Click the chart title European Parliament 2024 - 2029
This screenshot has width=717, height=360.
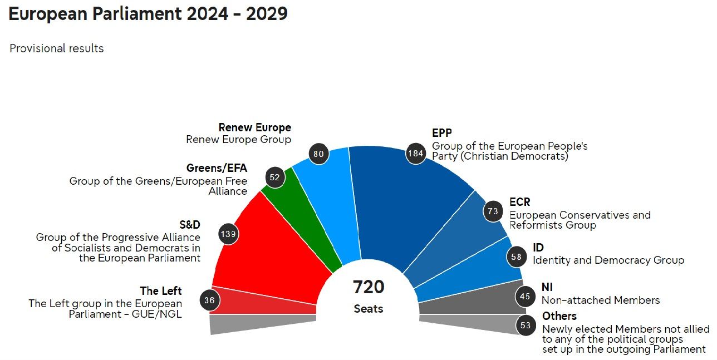[x=148, y=14]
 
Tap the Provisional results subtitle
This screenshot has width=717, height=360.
[x=57, y=48]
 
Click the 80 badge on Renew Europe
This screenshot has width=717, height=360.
[x=318, y=154]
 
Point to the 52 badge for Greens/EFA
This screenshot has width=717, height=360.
[x=274, y=177]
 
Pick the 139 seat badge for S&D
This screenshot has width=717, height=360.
[x=228, y=234]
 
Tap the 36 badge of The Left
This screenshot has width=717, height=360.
[x=210, y=300]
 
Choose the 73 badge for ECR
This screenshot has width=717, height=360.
[x=493, y=211]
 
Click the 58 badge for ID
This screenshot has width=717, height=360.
[x=516, y=257]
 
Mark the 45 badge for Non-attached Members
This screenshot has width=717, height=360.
[x=524, y=297]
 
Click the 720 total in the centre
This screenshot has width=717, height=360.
[x=369, y=287]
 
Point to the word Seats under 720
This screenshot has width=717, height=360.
[x=369, y=309]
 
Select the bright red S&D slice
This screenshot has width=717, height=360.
[x=267, y=256]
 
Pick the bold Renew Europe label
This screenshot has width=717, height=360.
[x=254, y=128]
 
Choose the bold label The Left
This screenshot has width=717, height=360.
[x=161, y=291]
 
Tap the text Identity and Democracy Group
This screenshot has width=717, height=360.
[x=608, y=260]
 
